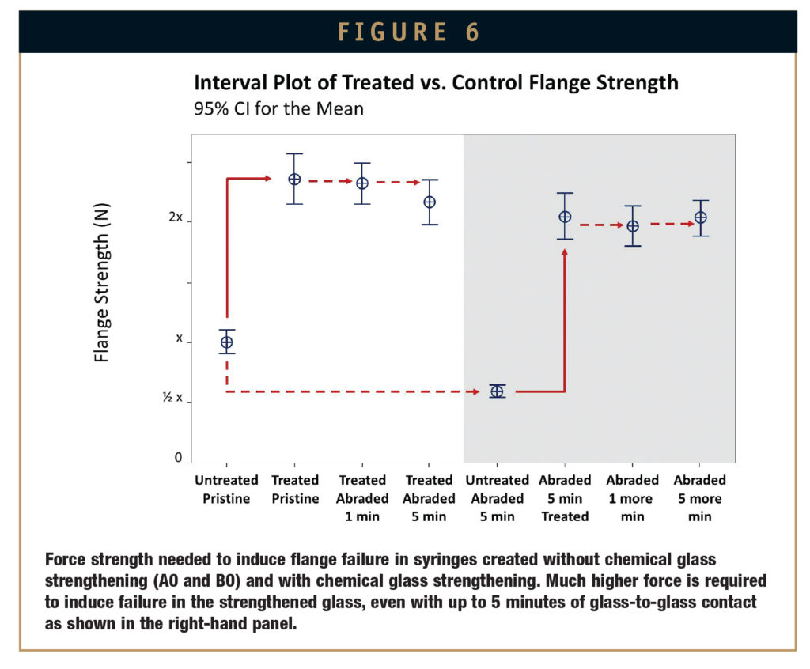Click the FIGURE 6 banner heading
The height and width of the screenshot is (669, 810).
click(x=408, y=32)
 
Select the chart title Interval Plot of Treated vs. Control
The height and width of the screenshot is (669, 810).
click(x=436, y=82)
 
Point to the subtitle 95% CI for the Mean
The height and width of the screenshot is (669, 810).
click(x=278, y=108)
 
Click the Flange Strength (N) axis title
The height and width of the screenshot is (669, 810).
click(x=102, y=283)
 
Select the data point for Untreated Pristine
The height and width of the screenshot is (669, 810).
click(x=227, y=342)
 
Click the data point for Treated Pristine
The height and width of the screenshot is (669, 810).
click(x=294, y=179)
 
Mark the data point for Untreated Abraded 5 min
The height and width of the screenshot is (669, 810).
click(x=497, y=391)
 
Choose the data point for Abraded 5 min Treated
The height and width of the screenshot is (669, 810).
click(x=565, y=217)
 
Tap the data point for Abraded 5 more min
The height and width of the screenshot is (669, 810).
click(x=700, y=217)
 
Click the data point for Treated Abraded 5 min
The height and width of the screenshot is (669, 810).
click(x=430, y=202)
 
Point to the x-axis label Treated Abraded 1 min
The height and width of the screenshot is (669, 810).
click(x=362, y=498)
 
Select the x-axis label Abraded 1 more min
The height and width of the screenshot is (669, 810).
click(x=632, y=498)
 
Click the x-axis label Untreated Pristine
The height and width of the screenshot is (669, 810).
click(x=227, y=489)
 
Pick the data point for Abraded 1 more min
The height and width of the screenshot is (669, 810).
click(x=633, y=226)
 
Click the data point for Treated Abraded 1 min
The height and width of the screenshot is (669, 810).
click(x=362, y=183)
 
